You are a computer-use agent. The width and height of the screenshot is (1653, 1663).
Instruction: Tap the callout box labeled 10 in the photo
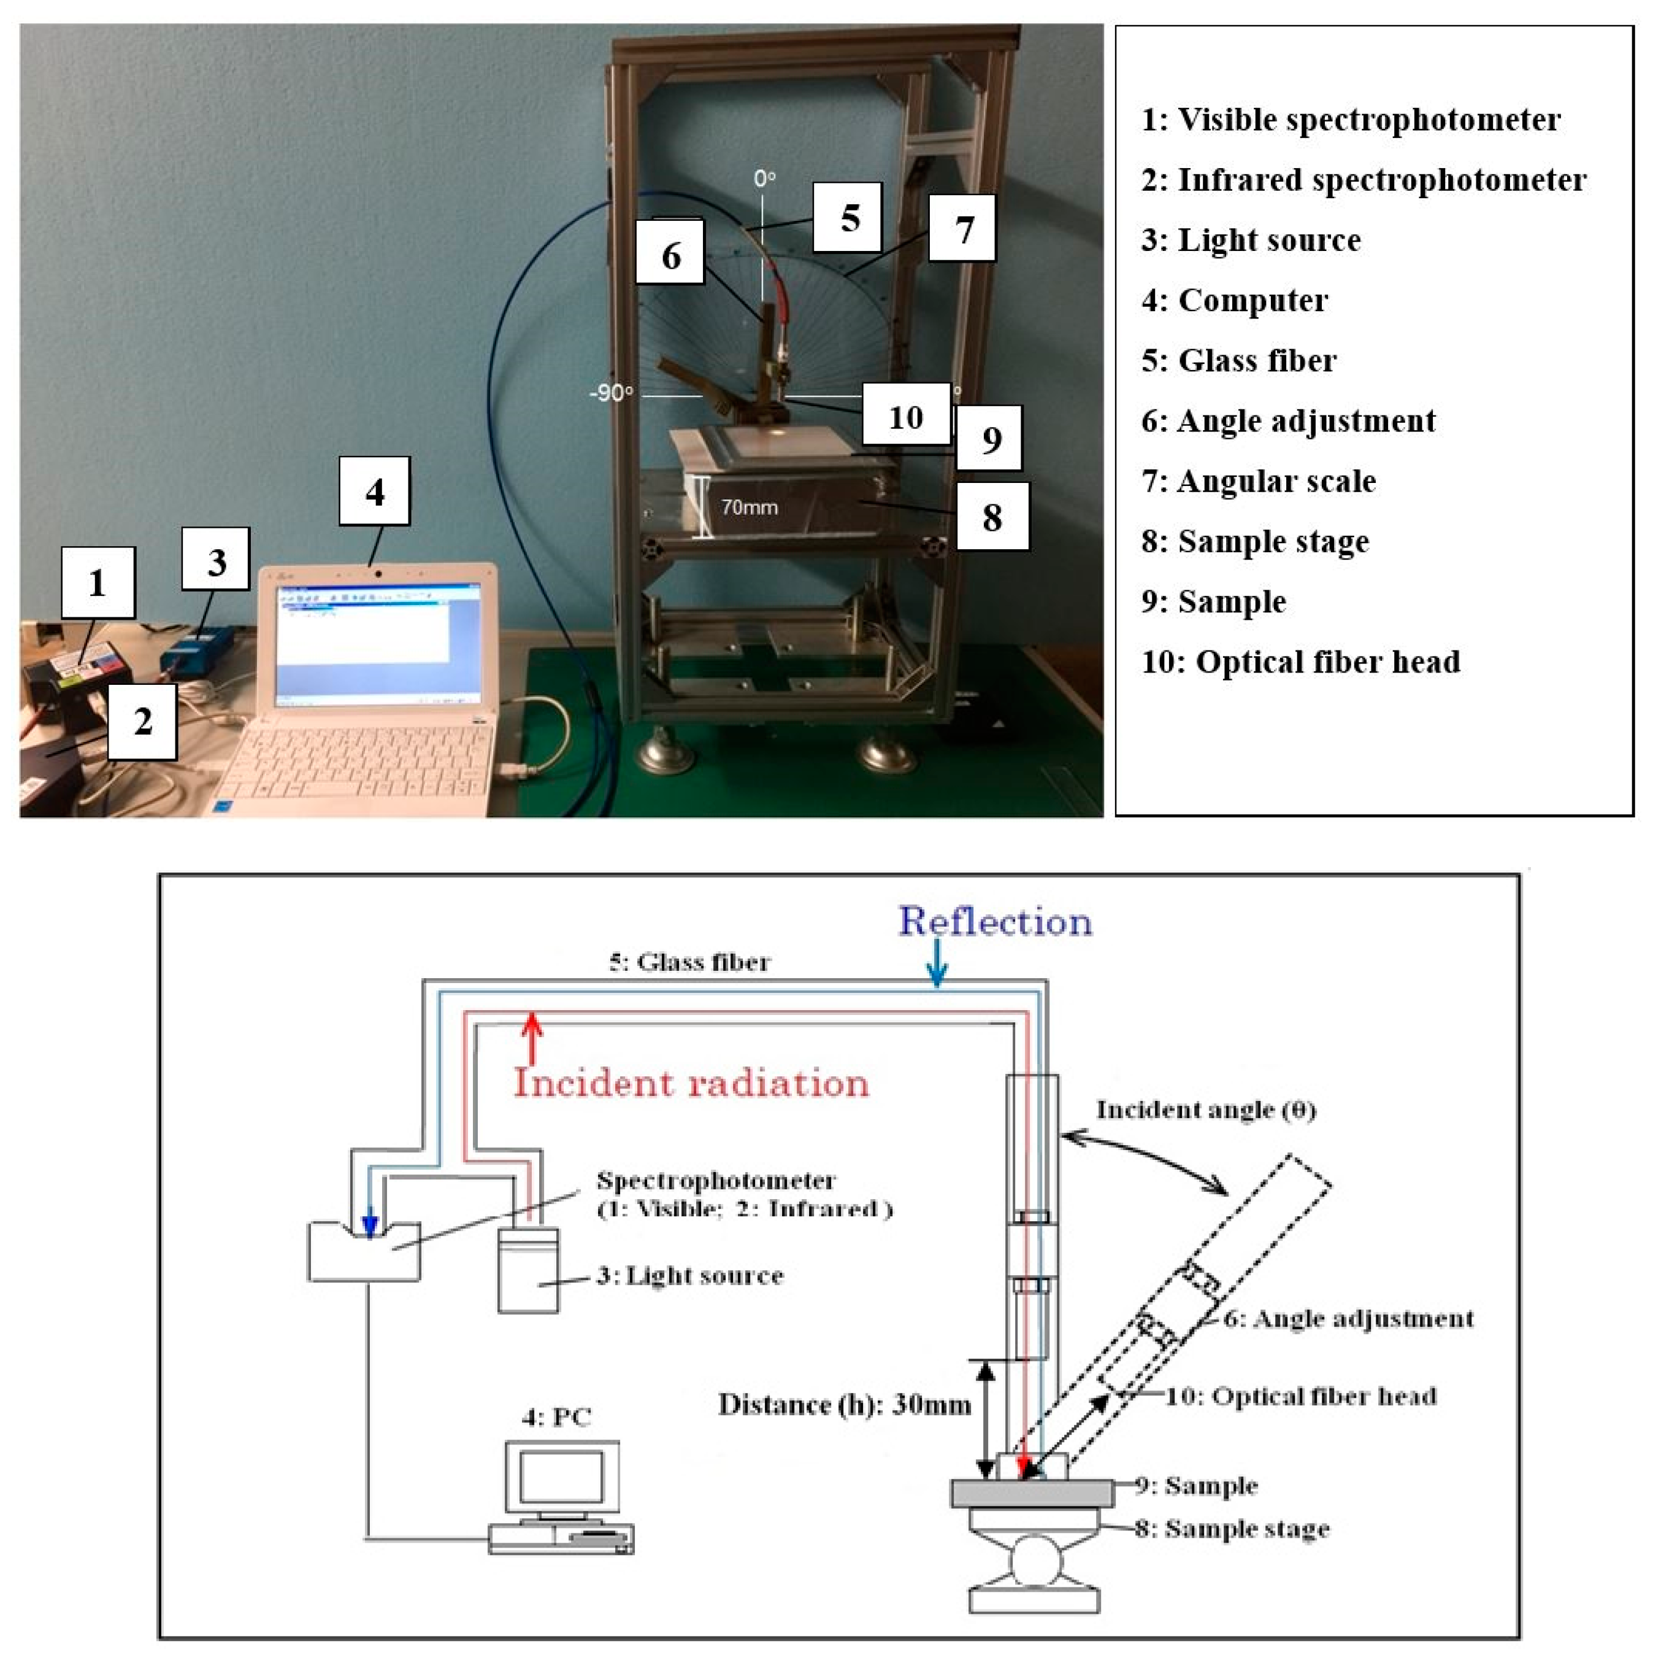tap(905, 417)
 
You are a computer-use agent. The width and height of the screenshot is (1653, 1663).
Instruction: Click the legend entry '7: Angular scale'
tap(1259, 481)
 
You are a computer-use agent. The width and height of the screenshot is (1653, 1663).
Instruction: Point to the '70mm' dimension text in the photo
tap(749, 507)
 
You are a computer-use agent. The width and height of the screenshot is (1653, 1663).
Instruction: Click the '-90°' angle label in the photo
tap(611, 393)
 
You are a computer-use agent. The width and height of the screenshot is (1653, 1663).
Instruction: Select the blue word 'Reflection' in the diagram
tap(995, 922)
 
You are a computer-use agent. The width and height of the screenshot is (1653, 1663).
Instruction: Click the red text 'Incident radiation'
tap(691, 1083)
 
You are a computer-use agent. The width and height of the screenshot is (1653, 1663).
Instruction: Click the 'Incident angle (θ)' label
tap(1205, 1109)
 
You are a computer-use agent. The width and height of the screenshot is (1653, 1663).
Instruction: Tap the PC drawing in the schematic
tap(562, 1498)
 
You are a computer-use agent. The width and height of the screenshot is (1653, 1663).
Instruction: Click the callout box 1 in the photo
tap(98, 583)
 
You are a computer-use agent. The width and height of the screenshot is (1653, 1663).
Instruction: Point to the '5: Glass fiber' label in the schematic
tap(689, 962)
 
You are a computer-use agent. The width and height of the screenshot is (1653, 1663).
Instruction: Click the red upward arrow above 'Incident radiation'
tap(532, 1036)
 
